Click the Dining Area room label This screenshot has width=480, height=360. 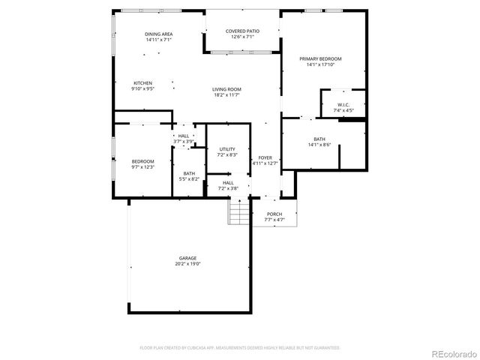pos(159,34)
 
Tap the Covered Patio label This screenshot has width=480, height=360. pos(242,31)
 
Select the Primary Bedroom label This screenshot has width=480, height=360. pos(320,58)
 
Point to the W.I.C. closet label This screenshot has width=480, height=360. pos(343,104)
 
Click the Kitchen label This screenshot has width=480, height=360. pos(143,82)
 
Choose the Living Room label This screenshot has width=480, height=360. pos(226,89)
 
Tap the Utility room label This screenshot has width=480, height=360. pos(228,149)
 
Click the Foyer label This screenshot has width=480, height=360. pos(265,157)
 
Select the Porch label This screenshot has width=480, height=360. pos(274,214)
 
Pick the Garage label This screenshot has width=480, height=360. pos(187,258)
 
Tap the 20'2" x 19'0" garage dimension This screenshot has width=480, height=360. pos(187,264)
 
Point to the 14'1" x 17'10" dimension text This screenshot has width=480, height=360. pos(320,64)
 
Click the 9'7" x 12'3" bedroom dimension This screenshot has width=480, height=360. pos(142,166)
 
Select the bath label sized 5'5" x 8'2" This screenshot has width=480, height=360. pos(188,173)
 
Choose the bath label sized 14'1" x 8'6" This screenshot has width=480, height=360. pos(319,139)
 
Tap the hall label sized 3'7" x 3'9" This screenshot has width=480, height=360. pos(184,136)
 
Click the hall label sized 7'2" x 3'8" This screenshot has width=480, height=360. pos(228,182)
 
